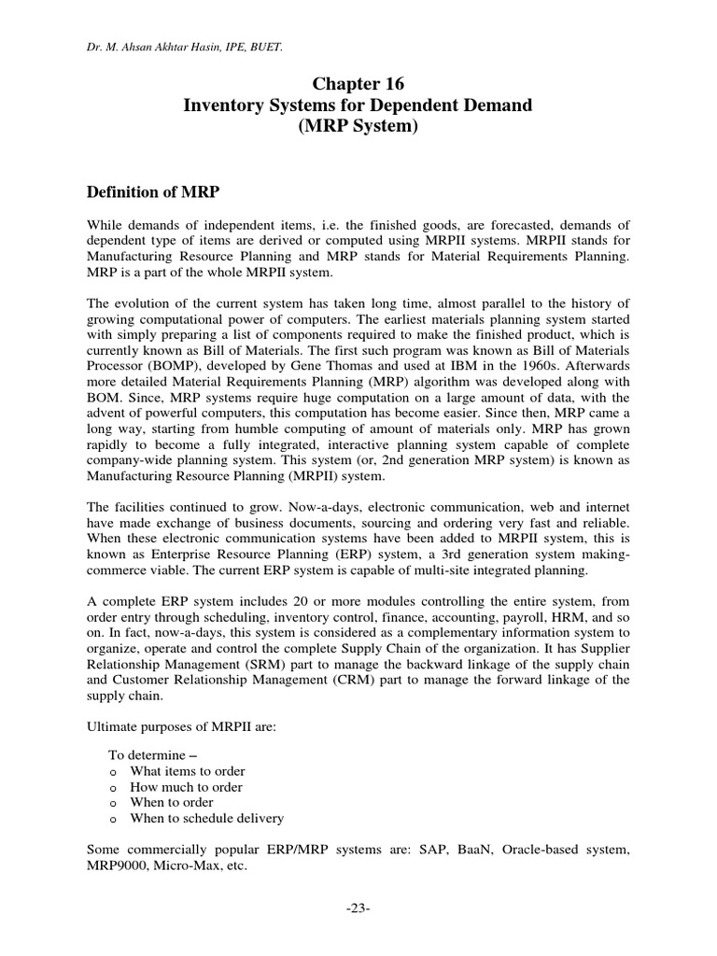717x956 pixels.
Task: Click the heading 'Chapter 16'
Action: [x=358, y=84]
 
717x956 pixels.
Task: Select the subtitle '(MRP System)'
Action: [x=358, y=127]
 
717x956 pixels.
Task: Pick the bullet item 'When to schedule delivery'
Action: [x=207, y=818]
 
